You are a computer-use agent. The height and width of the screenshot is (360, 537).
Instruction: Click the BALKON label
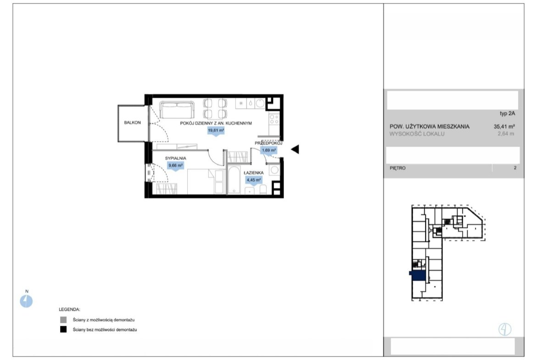pyautogui.click(x=132, y=122)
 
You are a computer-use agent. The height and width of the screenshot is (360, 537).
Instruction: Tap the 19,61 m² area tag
pyautogui.click(x=216, y=131)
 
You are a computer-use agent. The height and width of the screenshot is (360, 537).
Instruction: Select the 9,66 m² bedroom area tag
pyautogui.click(x=175, y=166)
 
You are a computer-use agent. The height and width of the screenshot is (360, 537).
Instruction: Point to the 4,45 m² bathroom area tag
pyautogui.click(x=253, y=180)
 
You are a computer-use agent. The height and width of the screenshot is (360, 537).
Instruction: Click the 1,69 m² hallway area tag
pyautogui.click(x=269, y=150)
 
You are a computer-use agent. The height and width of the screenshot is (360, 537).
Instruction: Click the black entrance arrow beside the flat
pyautogui.click(x=295, y=149)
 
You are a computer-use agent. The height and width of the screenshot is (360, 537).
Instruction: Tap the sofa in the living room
pyautogui.click(x=177, y=110)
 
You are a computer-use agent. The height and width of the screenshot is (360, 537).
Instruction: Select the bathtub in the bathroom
pyautogui.click(x=235, y=180)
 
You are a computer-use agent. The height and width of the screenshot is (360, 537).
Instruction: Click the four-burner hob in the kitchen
pyautogui.click(x=274, y=119)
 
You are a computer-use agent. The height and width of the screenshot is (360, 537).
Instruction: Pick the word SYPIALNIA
pyautogui.click(x=176, y=158)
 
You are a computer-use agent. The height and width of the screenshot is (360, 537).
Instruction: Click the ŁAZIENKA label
pyautogui.click(x=253, y=173)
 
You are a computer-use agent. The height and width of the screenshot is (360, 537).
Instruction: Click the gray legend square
pyautogui.click(x=63, y=320)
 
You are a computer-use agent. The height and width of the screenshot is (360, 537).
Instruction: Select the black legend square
pyautogui.click(x=63, y=330)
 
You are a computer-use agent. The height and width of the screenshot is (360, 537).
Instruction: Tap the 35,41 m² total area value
pyautogui.click(x=504, y=126)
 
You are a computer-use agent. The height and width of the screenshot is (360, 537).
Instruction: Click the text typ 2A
pyautogui.click(x=507, y=114)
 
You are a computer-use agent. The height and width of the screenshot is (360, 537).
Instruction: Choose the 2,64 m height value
pyautogui.click(x=506, y=134)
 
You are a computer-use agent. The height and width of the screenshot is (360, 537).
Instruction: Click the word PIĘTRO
pyautogui.click(x=397, y=168)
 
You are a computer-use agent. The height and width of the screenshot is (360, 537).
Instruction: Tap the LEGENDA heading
pyautogui.click(x=69, y=310)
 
